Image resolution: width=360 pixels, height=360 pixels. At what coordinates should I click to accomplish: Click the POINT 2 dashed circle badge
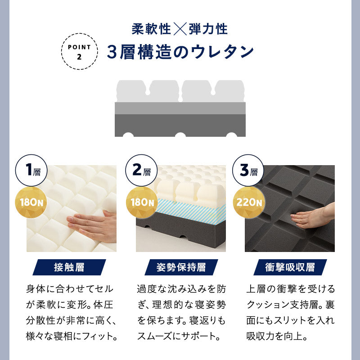tap(79, 50)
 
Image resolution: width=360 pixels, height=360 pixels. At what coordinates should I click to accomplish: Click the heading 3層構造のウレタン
tap(181, 52)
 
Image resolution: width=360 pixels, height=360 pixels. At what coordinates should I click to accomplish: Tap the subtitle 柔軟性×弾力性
tap(180, 29)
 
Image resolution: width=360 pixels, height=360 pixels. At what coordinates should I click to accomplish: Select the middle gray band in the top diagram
tap(180, 108)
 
